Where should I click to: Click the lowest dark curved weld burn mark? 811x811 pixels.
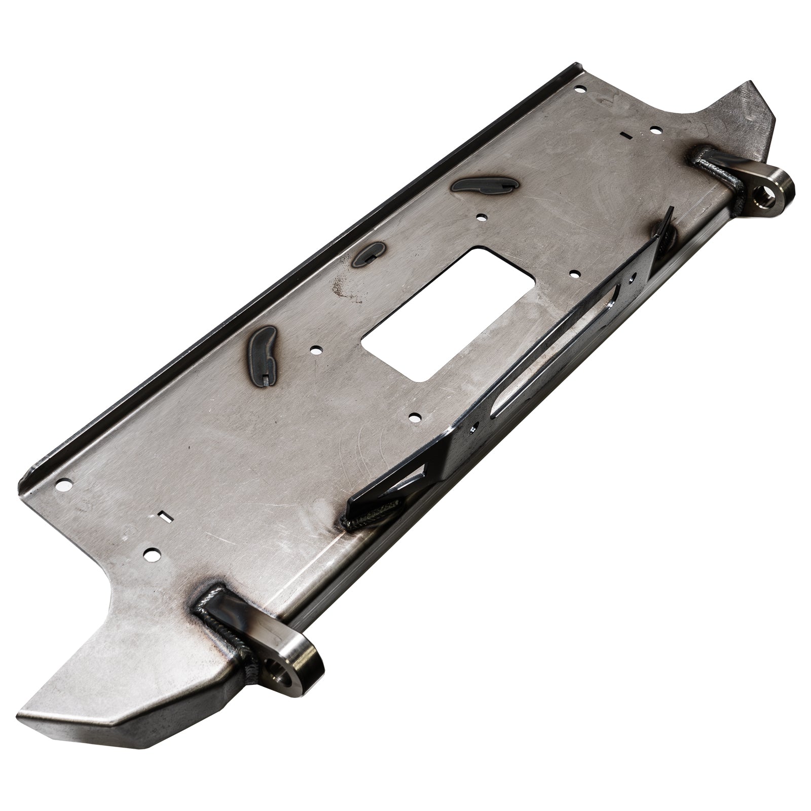tap(264, 349)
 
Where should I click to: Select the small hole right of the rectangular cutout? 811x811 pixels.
tap(574, 274)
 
